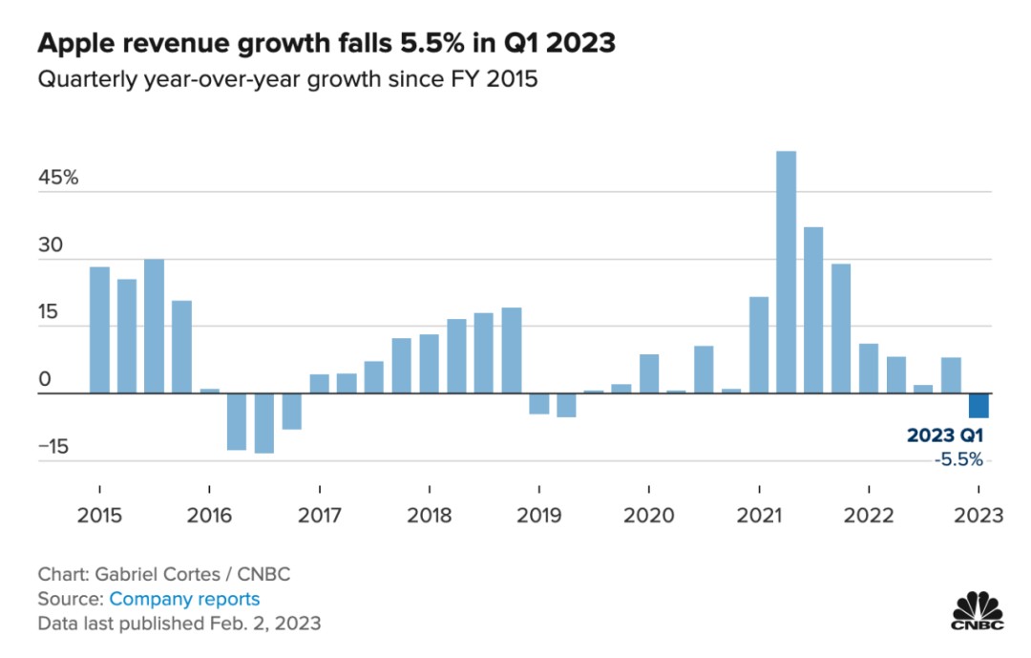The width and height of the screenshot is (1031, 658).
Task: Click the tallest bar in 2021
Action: pos(786,272)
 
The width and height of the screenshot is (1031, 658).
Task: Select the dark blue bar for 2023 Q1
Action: pos(978,405)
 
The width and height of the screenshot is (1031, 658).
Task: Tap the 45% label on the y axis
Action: pos(58,179)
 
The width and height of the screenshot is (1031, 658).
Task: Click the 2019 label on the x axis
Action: pos(539,516)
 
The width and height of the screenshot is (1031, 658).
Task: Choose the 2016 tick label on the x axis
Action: pos(209,516)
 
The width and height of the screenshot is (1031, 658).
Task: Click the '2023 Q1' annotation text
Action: pos(944,436)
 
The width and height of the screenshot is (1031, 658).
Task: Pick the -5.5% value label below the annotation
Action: pos(957,459)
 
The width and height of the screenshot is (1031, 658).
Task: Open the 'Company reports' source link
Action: pos(184,599)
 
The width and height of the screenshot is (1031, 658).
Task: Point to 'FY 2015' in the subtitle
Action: pos(497,79)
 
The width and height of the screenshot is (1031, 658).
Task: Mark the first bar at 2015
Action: pos(99,329)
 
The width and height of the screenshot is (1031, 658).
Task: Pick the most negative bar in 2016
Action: pos(264,423)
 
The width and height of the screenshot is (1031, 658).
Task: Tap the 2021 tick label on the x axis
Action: pos(759,516)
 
